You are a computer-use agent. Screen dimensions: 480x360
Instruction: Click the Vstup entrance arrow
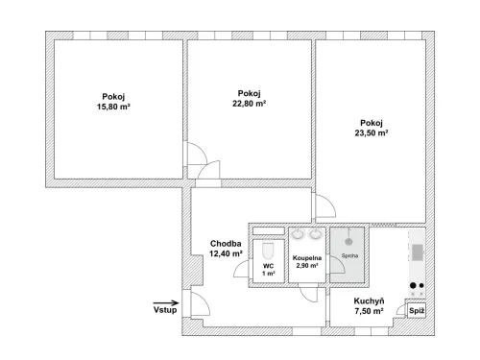pos(166,302)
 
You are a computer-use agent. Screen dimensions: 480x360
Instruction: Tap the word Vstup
pos(165,310)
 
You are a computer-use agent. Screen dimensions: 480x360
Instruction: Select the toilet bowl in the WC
pos(268,252)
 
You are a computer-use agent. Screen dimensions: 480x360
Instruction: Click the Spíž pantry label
pos(417,311)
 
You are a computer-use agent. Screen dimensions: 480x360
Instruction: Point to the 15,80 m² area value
pos(113,107)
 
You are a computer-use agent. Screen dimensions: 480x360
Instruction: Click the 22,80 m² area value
pos(250,104)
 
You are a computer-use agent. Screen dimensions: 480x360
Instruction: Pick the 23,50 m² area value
pos(372,132)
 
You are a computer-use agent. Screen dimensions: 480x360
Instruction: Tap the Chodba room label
pos(226,244)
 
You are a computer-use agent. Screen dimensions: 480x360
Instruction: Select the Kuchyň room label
pos(369,301)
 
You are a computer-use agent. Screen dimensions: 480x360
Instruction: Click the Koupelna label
pos(307,258)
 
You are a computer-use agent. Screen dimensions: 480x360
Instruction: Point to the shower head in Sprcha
pos(348,242)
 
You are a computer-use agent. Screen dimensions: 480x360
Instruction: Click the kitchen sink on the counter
pos(417,252)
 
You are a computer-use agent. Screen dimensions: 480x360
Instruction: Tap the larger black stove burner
pos(413,285)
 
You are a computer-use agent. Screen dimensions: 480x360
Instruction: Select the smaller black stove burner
pos(421,285)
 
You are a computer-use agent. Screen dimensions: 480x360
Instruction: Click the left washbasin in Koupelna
pos(299,234)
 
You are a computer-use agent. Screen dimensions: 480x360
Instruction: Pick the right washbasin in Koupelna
pos(316,234)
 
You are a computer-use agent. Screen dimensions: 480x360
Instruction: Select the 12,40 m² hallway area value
pos(226,253)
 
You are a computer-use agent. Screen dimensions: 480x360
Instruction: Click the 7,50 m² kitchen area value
pos(369,311)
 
